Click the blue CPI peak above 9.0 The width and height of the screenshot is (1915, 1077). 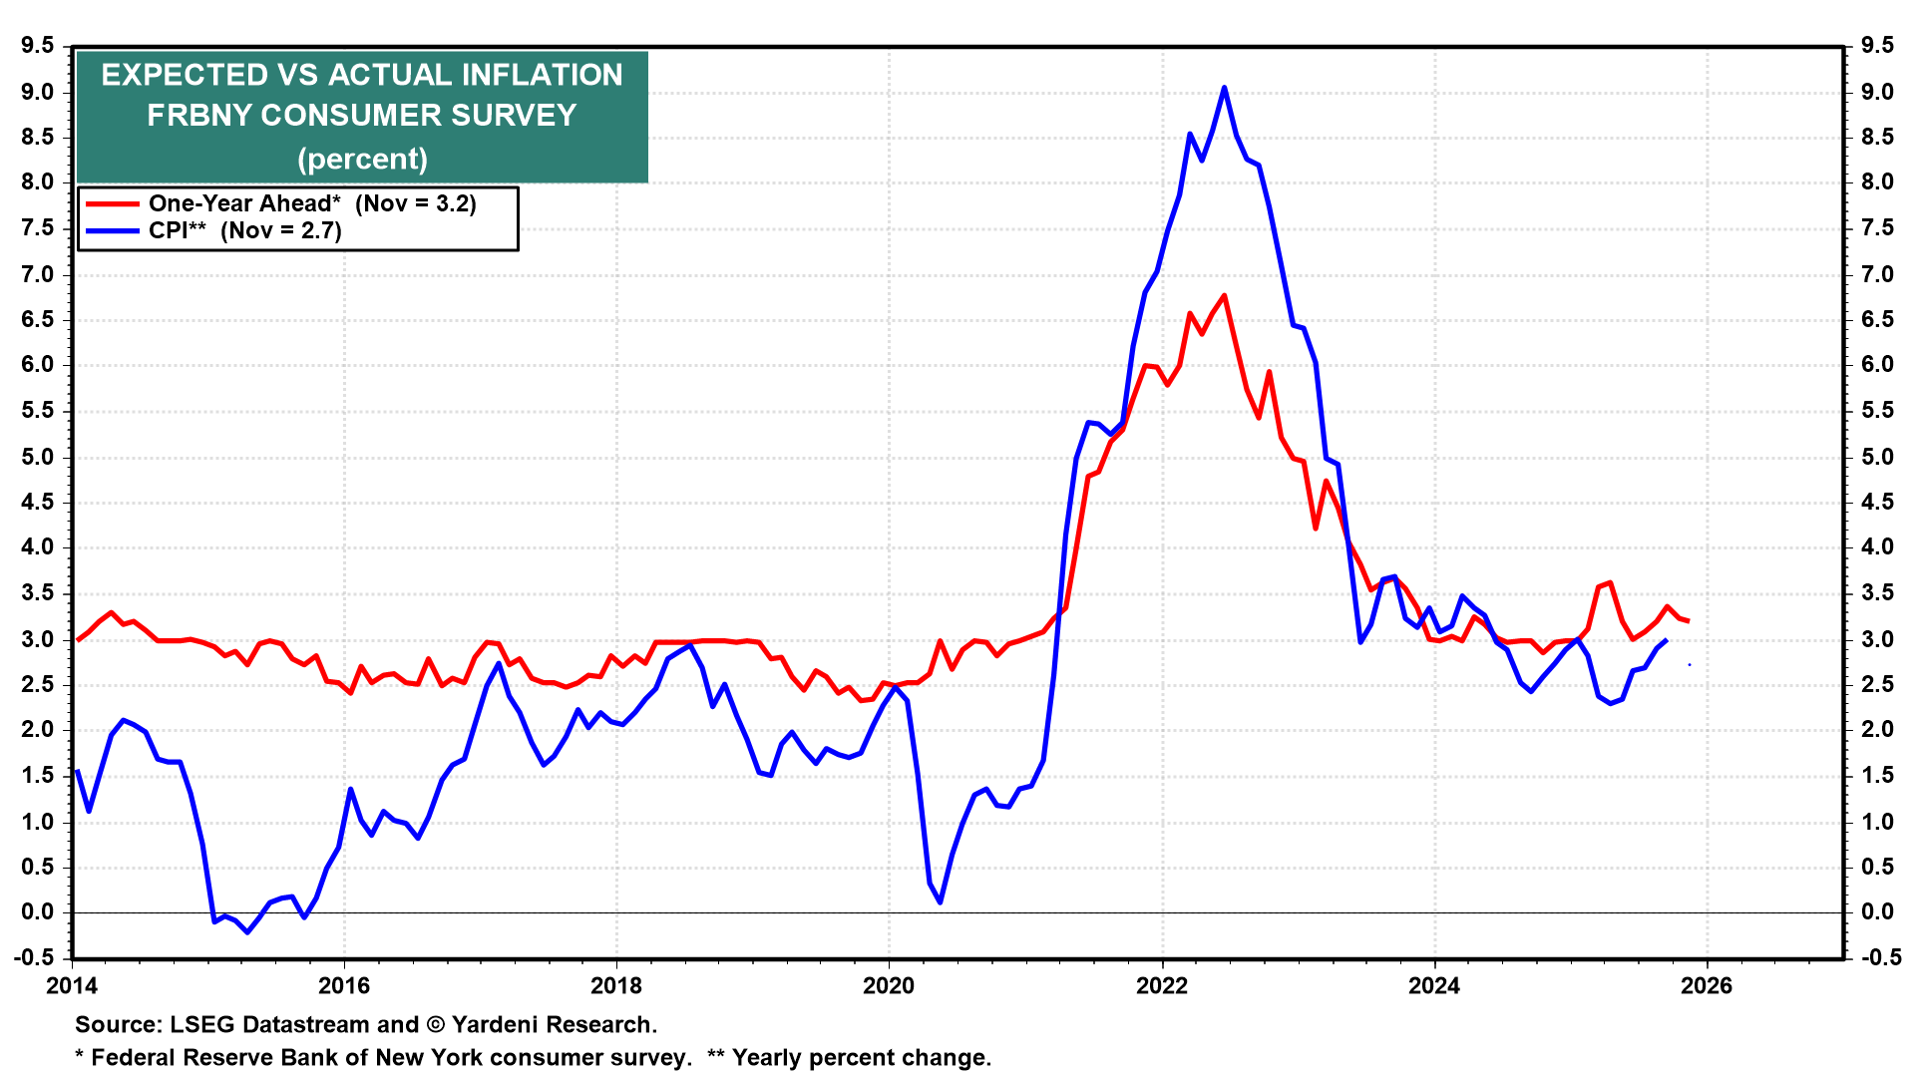point(1224,88)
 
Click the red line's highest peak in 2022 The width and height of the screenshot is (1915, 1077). point(1224,296)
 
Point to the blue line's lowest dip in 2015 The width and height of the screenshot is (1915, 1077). point(247,932)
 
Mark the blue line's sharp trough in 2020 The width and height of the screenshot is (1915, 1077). point(941,902)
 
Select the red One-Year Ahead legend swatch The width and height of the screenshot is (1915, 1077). point(112,203)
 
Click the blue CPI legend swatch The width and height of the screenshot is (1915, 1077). point(112,230)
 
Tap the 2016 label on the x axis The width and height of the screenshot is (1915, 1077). point(343,986)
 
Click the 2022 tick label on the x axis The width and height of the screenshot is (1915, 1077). point(1162,986)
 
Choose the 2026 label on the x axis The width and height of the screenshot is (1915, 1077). point(1707,986)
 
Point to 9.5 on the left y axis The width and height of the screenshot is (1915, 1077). point(37,46)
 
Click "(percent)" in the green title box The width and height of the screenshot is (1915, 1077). point(362,159)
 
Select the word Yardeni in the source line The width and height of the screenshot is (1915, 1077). point(496,1024)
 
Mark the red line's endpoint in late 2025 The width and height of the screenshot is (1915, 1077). point(1687,621)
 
